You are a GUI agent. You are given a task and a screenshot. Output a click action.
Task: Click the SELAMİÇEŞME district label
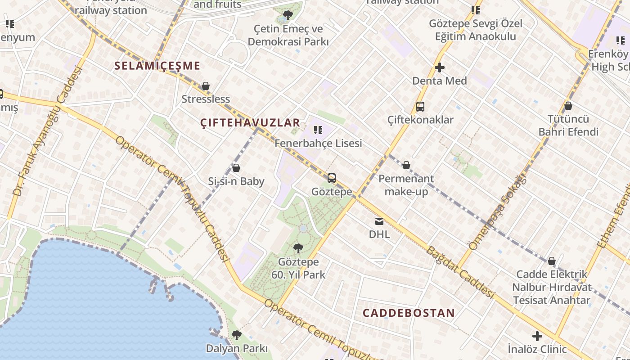[x=157, y=66]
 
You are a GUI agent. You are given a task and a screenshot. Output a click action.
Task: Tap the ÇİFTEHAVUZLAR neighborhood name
[x=250, y=122]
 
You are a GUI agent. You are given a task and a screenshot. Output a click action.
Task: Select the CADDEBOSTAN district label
[x=409, y=313]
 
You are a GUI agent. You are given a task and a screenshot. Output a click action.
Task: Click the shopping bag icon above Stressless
[x=206, y=86]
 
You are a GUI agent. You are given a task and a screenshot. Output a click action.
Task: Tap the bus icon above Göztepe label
[x=332, y=178]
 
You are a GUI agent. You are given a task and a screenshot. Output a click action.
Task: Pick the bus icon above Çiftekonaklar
[x=420, y=107]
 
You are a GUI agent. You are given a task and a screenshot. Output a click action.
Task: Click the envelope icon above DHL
[x=379, y=221]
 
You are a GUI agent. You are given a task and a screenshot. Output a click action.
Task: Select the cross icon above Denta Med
[x=440, y=68]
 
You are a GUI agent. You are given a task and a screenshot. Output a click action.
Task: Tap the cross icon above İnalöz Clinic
[x=537, y=336]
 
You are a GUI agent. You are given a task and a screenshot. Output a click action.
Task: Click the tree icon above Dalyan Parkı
[x=237, y=335]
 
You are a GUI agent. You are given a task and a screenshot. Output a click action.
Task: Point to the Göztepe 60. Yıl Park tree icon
[x=298, y=248]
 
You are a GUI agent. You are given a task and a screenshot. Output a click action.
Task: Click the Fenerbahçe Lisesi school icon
[x=318, y=130]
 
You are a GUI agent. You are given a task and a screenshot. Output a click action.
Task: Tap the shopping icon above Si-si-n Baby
[x=236, y=168]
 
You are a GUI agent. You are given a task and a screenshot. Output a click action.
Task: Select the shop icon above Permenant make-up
[x=406, y=165]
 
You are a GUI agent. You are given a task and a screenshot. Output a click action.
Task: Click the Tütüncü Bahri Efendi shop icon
[x=568, y=106]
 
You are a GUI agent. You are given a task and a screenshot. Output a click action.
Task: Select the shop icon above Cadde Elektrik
[x=552, y=261]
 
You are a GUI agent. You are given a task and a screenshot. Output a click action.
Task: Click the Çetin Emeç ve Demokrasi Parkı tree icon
[x=288, y=15]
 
